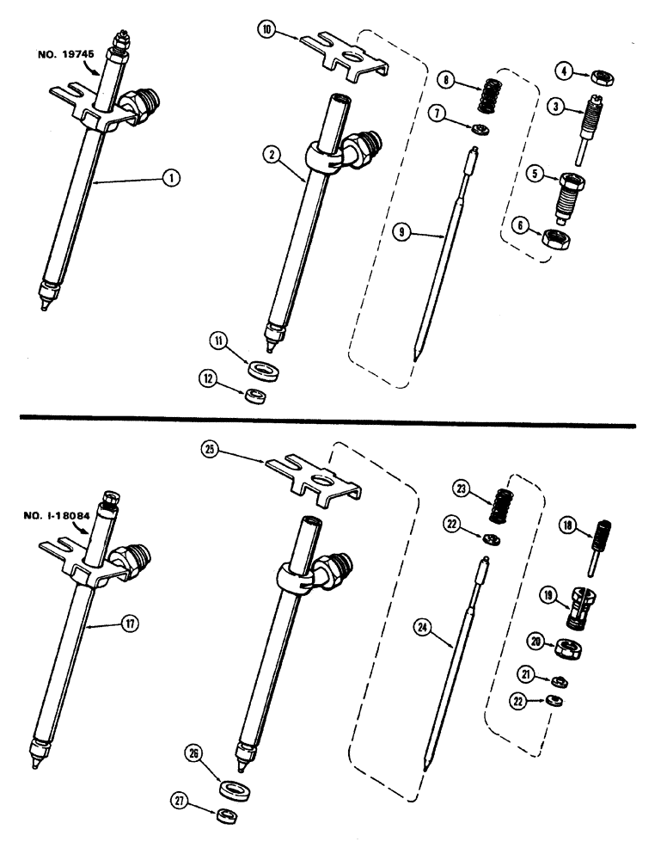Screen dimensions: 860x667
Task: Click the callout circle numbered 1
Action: [x=172, y=178]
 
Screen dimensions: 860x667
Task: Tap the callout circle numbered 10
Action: [x=266, y=30]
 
